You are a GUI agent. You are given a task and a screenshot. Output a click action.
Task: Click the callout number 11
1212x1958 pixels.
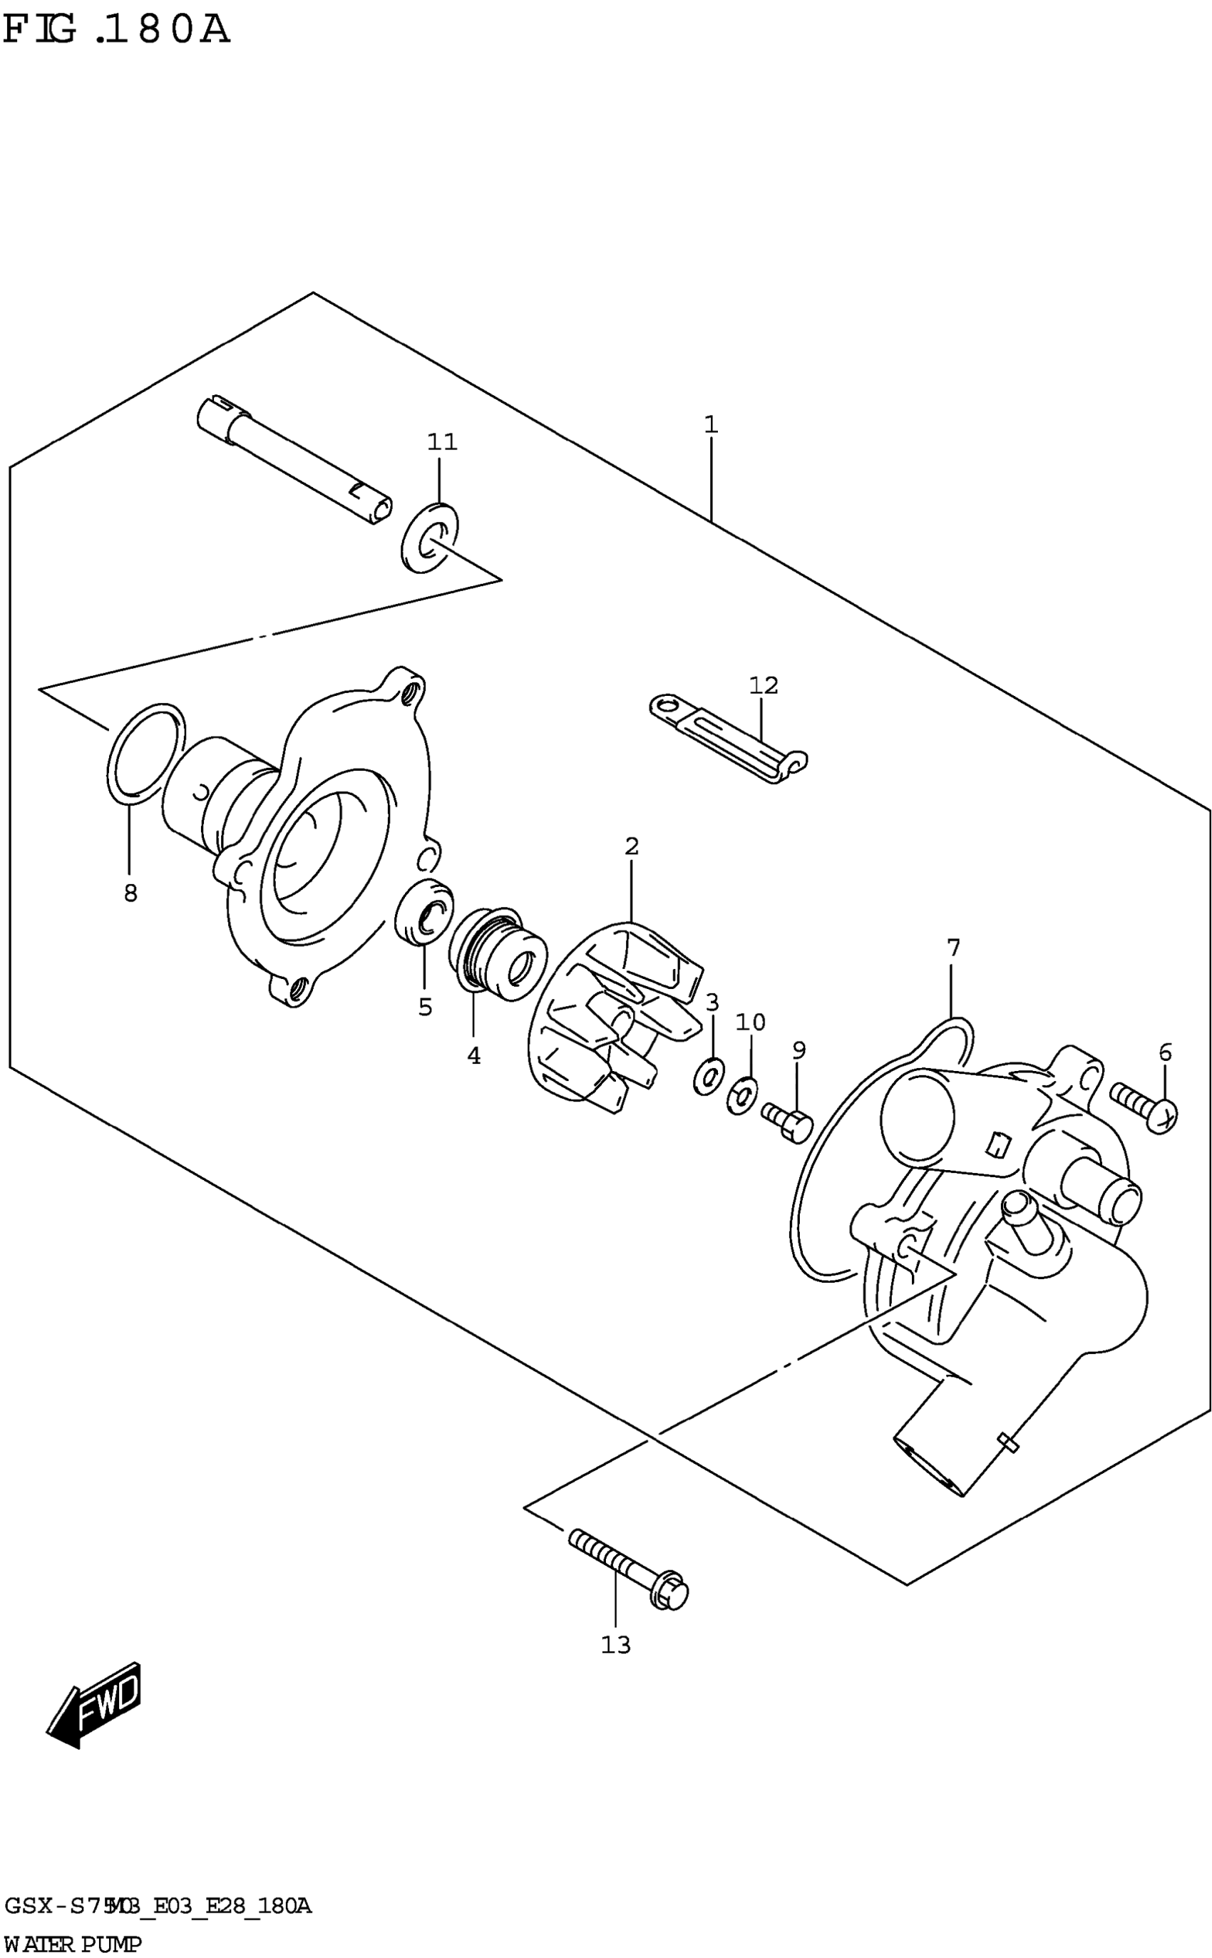pyautogui.click(x=442, y=441)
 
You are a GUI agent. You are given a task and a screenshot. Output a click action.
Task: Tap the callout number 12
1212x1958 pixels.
pyautogui.click(x=763, y=685)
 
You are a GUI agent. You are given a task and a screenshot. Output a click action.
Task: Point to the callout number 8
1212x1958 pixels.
pyautogui.click(x=130, y=893)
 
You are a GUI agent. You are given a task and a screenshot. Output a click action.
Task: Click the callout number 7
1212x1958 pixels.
pyautogui.click(x=952, y=948)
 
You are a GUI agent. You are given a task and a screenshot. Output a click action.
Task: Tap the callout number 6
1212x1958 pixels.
pyautogui.click(x=1165, y=1052)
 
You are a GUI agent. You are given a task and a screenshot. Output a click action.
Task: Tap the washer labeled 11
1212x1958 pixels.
pyautogui.click(x=429, y=538)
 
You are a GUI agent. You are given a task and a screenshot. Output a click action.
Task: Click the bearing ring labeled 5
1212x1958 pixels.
pyautogui.click(x=424, y=911)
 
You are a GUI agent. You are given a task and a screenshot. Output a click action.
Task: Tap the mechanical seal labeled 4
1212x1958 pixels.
pyautogui.click(x=498, y=954)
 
